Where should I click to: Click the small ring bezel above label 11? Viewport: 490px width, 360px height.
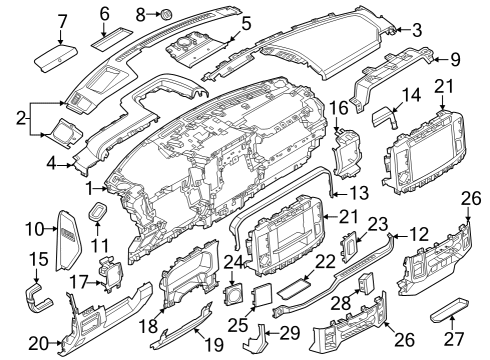(x=101, y=210)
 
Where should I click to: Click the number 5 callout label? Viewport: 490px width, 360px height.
(x=245, y=20)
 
